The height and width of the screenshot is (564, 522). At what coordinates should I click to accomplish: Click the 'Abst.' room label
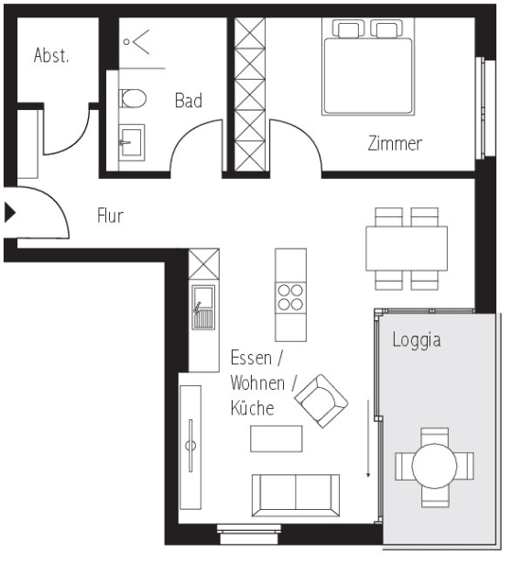51,56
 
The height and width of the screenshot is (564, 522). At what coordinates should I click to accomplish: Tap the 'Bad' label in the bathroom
189,101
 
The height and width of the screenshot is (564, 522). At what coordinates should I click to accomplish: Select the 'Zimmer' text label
395,144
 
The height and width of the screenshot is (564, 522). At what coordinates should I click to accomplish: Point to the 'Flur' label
110,216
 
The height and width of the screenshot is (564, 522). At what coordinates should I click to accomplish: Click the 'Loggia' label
417,340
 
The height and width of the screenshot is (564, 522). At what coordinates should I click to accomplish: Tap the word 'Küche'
252,408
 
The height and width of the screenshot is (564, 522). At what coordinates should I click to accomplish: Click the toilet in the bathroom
133,98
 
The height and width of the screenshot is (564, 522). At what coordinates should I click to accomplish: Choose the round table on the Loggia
435,467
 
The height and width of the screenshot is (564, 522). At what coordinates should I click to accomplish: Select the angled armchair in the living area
321,401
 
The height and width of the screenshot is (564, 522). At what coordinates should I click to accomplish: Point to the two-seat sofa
295,494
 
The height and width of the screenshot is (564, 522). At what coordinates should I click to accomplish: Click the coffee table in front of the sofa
276,439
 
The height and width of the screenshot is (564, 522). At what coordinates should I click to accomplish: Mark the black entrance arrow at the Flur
10,214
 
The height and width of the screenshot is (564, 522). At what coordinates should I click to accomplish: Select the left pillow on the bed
349,30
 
